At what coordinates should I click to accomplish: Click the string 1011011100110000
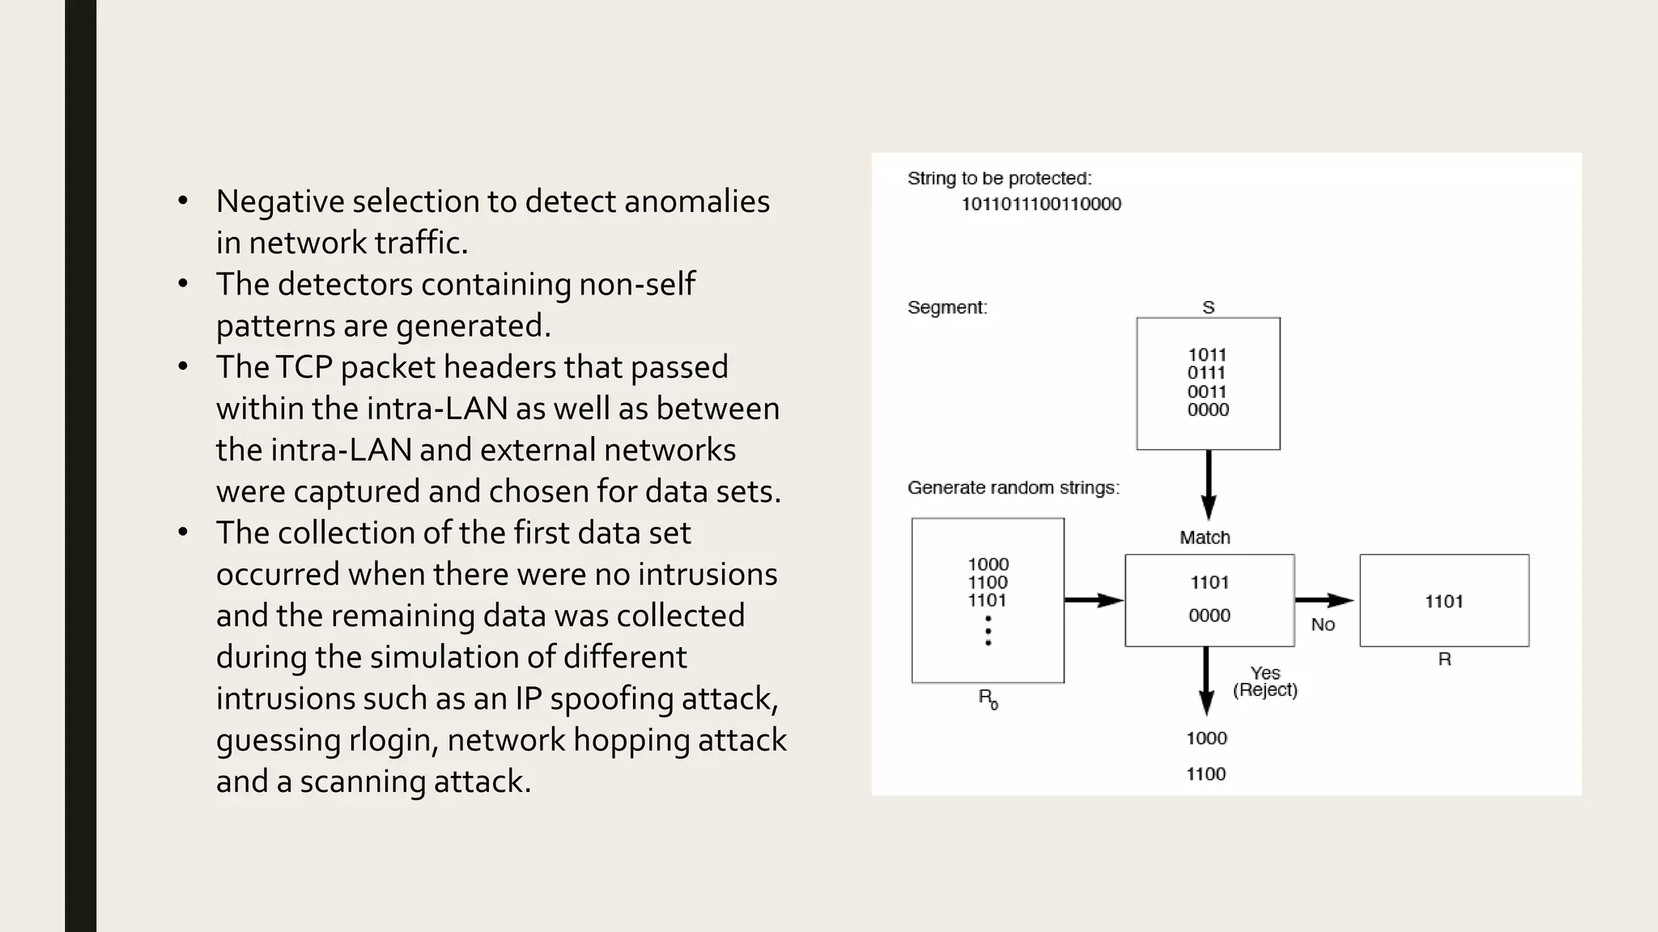(1040, 204)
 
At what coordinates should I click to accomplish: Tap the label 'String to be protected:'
(999, 178)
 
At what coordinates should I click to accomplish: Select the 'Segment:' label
(947, 307)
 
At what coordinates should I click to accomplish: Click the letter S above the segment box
(1208, 307)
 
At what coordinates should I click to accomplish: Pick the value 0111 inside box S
(1206, 373)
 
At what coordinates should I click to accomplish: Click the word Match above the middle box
(1205, 537)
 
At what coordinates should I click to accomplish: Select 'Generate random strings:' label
(1013, 488)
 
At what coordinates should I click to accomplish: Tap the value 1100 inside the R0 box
(988, 582)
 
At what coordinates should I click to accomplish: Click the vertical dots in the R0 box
(988, 630)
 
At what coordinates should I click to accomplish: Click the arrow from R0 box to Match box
(1093, 600)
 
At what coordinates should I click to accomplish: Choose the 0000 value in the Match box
(1209, 616)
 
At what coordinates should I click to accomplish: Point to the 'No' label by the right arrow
(1323, 625)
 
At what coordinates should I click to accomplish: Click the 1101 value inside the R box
(1443, 601)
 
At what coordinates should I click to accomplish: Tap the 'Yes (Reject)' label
(1265, 681)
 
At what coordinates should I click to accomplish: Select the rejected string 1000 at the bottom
(1206, 738)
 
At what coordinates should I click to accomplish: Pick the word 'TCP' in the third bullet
(304, 367)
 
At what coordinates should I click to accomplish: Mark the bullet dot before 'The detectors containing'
(184, 283)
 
